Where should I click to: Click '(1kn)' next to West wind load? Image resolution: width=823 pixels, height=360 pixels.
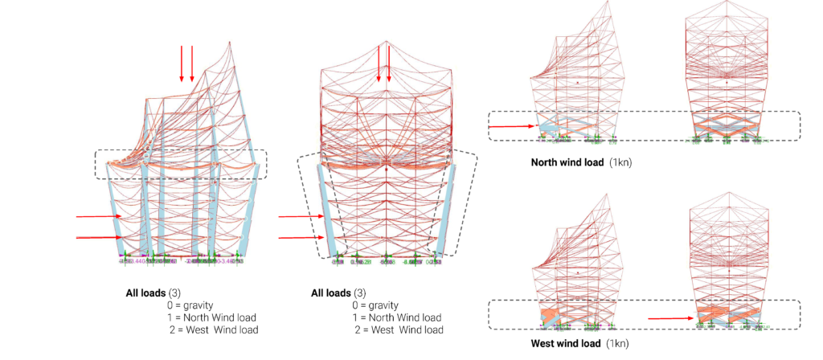pyautogui.click(x=617, y=344)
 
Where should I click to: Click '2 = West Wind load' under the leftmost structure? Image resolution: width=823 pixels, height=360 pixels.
pyautogui.click(x=213, y=330)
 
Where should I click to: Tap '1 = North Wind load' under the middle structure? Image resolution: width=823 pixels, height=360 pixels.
pyautogui.click(x=397, y=317)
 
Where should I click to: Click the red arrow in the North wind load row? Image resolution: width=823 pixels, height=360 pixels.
pyautogui.click(x=512, y=126)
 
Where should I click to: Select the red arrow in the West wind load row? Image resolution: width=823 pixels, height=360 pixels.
pyautogui.click(x=669, y=319)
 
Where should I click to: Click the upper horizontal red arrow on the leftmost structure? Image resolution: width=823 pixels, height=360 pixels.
pyautogui.click(x=96, y=217)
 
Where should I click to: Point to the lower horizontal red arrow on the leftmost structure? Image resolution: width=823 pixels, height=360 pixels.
pyautogui.click(x=96, y=238)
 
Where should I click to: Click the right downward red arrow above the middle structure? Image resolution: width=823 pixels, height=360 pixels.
pyautogui.click(x=390, y=64)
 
